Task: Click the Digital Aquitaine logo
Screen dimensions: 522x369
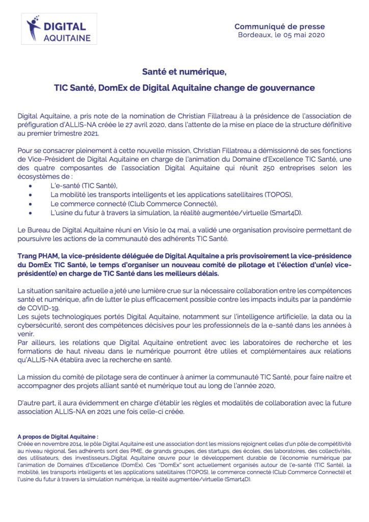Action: coord(61,29)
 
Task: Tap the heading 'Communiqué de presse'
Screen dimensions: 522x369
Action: coord(279,27)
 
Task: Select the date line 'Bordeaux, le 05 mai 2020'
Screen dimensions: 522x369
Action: coord(281,35)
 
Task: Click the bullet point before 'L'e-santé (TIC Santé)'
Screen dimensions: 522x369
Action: coord(32,186)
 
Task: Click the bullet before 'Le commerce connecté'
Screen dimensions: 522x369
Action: coord(32,203)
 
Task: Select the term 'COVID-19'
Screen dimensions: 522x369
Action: coord(45,308)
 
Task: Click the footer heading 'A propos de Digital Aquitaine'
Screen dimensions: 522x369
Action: coord(57,436)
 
